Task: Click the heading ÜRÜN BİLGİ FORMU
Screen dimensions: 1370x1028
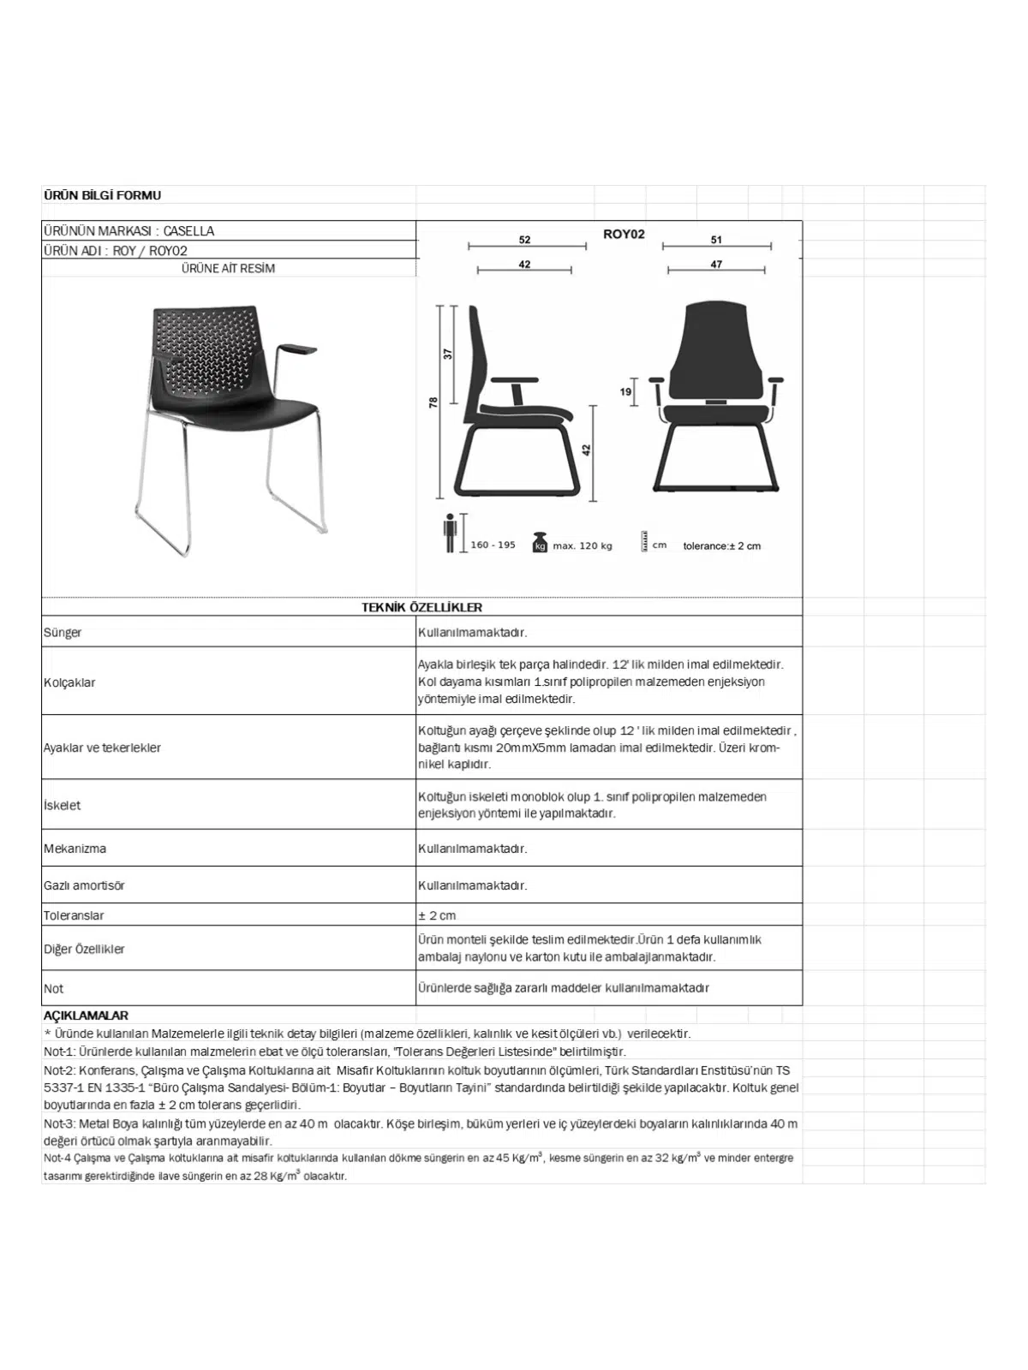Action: (x=102, y=195)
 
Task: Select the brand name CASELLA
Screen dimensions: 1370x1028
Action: (x=188, y=231)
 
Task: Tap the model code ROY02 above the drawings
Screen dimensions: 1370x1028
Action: (x=623, y=234)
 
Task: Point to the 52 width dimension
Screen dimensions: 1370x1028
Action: (x=524, y=241)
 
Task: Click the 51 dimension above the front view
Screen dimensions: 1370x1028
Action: (x=716, y=241)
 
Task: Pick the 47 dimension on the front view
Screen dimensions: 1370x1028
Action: (x=716, y=265)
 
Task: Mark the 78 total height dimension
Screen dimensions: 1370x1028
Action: (x=433, y=401)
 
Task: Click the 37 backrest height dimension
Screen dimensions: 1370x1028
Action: (x=447, y=353)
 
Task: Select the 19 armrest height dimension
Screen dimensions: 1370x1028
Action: (x=625, y=392)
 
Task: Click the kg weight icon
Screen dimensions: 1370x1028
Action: (x=540, y=543)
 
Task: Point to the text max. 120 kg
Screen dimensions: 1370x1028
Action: (x=583, y=545)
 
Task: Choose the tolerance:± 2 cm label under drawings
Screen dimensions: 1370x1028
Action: (x=721, y=545)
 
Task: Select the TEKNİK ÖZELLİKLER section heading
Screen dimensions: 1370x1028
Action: (x=421, y=607)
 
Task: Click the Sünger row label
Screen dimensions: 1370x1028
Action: (x=63, y=633)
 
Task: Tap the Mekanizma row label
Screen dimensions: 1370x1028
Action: (x=75, y=849)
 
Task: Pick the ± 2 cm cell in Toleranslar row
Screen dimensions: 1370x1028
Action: (x=437, y=915)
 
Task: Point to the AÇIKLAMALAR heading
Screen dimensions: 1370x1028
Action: (x=86, y=1016)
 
